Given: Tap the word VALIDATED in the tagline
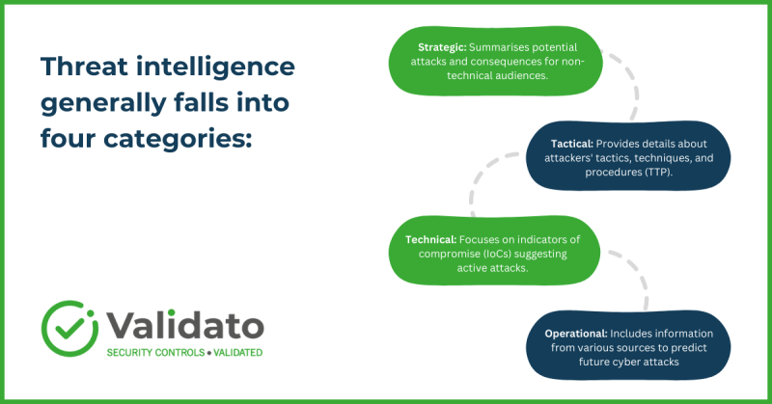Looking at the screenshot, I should (x=236, y=353).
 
